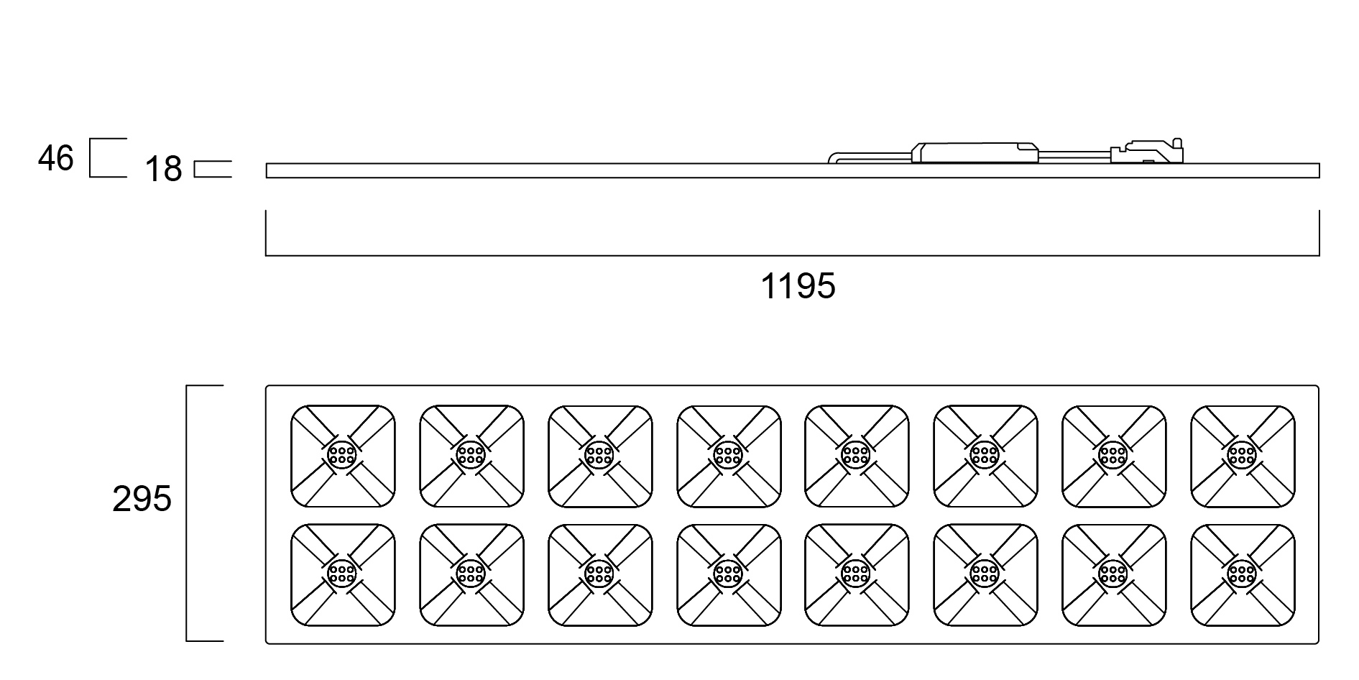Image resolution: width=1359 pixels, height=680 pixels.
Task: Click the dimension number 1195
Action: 798,287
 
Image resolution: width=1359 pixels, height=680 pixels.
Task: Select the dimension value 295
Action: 142,499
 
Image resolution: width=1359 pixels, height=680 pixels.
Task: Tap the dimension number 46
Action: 56,158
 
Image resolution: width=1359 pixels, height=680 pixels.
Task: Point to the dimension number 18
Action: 164,170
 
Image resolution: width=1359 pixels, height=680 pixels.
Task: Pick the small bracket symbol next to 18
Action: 213,169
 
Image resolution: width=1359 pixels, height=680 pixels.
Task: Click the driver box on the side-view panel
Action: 975,152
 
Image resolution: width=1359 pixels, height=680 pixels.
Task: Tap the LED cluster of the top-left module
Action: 342,455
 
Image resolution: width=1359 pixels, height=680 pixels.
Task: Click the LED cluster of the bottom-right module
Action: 1242,574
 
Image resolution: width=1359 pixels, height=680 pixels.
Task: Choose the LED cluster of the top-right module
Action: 1242,455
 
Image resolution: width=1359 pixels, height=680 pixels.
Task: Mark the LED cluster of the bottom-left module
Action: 342,574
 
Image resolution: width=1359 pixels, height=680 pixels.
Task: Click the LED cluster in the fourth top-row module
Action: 728,455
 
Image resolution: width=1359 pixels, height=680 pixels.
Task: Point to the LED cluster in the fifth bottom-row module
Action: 856,574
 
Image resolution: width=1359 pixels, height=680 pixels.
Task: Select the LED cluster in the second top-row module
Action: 471,455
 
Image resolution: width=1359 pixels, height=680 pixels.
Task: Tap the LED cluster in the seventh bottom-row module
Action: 1113,574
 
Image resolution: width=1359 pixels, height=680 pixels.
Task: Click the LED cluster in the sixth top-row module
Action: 985,455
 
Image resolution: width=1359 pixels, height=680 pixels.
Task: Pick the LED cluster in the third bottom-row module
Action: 599,574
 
